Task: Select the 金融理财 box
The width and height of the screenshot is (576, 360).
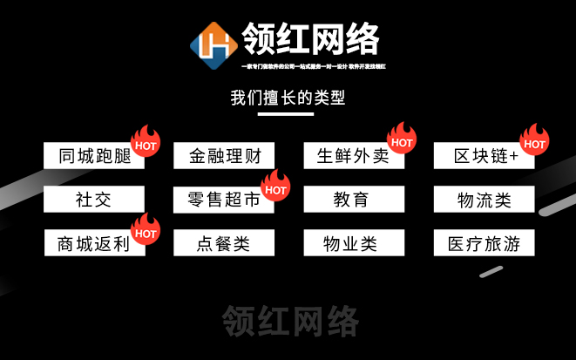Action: click(224, 156)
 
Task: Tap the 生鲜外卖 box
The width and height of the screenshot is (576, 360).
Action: click(349, 156)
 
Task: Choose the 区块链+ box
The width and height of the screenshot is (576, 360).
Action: click(482, 156)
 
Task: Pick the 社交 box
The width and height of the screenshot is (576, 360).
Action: click(93, 200)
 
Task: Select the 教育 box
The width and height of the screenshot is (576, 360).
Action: click(354, 200)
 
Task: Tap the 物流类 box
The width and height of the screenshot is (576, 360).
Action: click(485, 200)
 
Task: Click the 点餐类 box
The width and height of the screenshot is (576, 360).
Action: click(224, 243)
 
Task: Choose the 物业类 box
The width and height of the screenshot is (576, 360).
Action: click(354, 243)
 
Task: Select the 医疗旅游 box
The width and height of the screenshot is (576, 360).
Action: click(485, 243)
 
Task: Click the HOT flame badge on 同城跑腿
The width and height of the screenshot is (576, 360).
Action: click(145, 142)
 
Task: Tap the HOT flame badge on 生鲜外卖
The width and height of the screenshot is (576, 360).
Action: click(402, 139)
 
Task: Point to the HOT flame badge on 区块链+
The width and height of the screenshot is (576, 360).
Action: click(533, 139)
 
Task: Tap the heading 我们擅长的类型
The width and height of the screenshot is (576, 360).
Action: click(288, 98)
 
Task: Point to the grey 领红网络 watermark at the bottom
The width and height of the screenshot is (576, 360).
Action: click(290, 321)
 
